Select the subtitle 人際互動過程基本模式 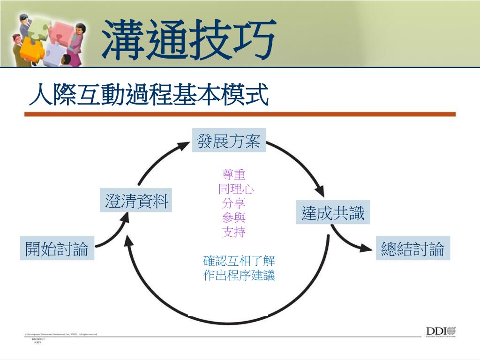[149, 95]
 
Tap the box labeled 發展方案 [229, 140]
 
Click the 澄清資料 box [136, 200]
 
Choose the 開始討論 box [57, 248]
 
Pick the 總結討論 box [412, 248]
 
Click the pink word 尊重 [234, 175]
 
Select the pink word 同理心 [236, 189]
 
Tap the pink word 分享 [234, 203]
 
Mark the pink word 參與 [234, 217]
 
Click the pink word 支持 [234, 232]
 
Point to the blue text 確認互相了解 [239, 261]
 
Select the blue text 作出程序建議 [239, 275]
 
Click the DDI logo [441, 331]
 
